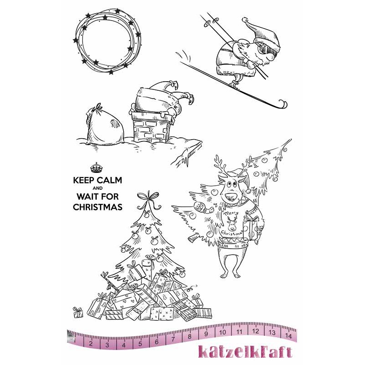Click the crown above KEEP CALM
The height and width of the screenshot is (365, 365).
[96, 167]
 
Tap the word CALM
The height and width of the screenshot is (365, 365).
[109, 180]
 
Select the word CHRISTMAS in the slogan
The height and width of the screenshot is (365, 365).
[98, 207]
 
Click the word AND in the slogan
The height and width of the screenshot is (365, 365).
[98, 188]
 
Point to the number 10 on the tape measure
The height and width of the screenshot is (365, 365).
[223, 332]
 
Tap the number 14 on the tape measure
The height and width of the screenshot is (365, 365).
[288, 336]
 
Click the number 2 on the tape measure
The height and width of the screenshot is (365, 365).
[91, 344]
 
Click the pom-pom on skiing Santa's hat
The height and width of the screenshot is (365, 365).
[245, 20]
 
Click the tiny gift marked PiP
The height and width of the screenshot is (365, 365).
[78, 312]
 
